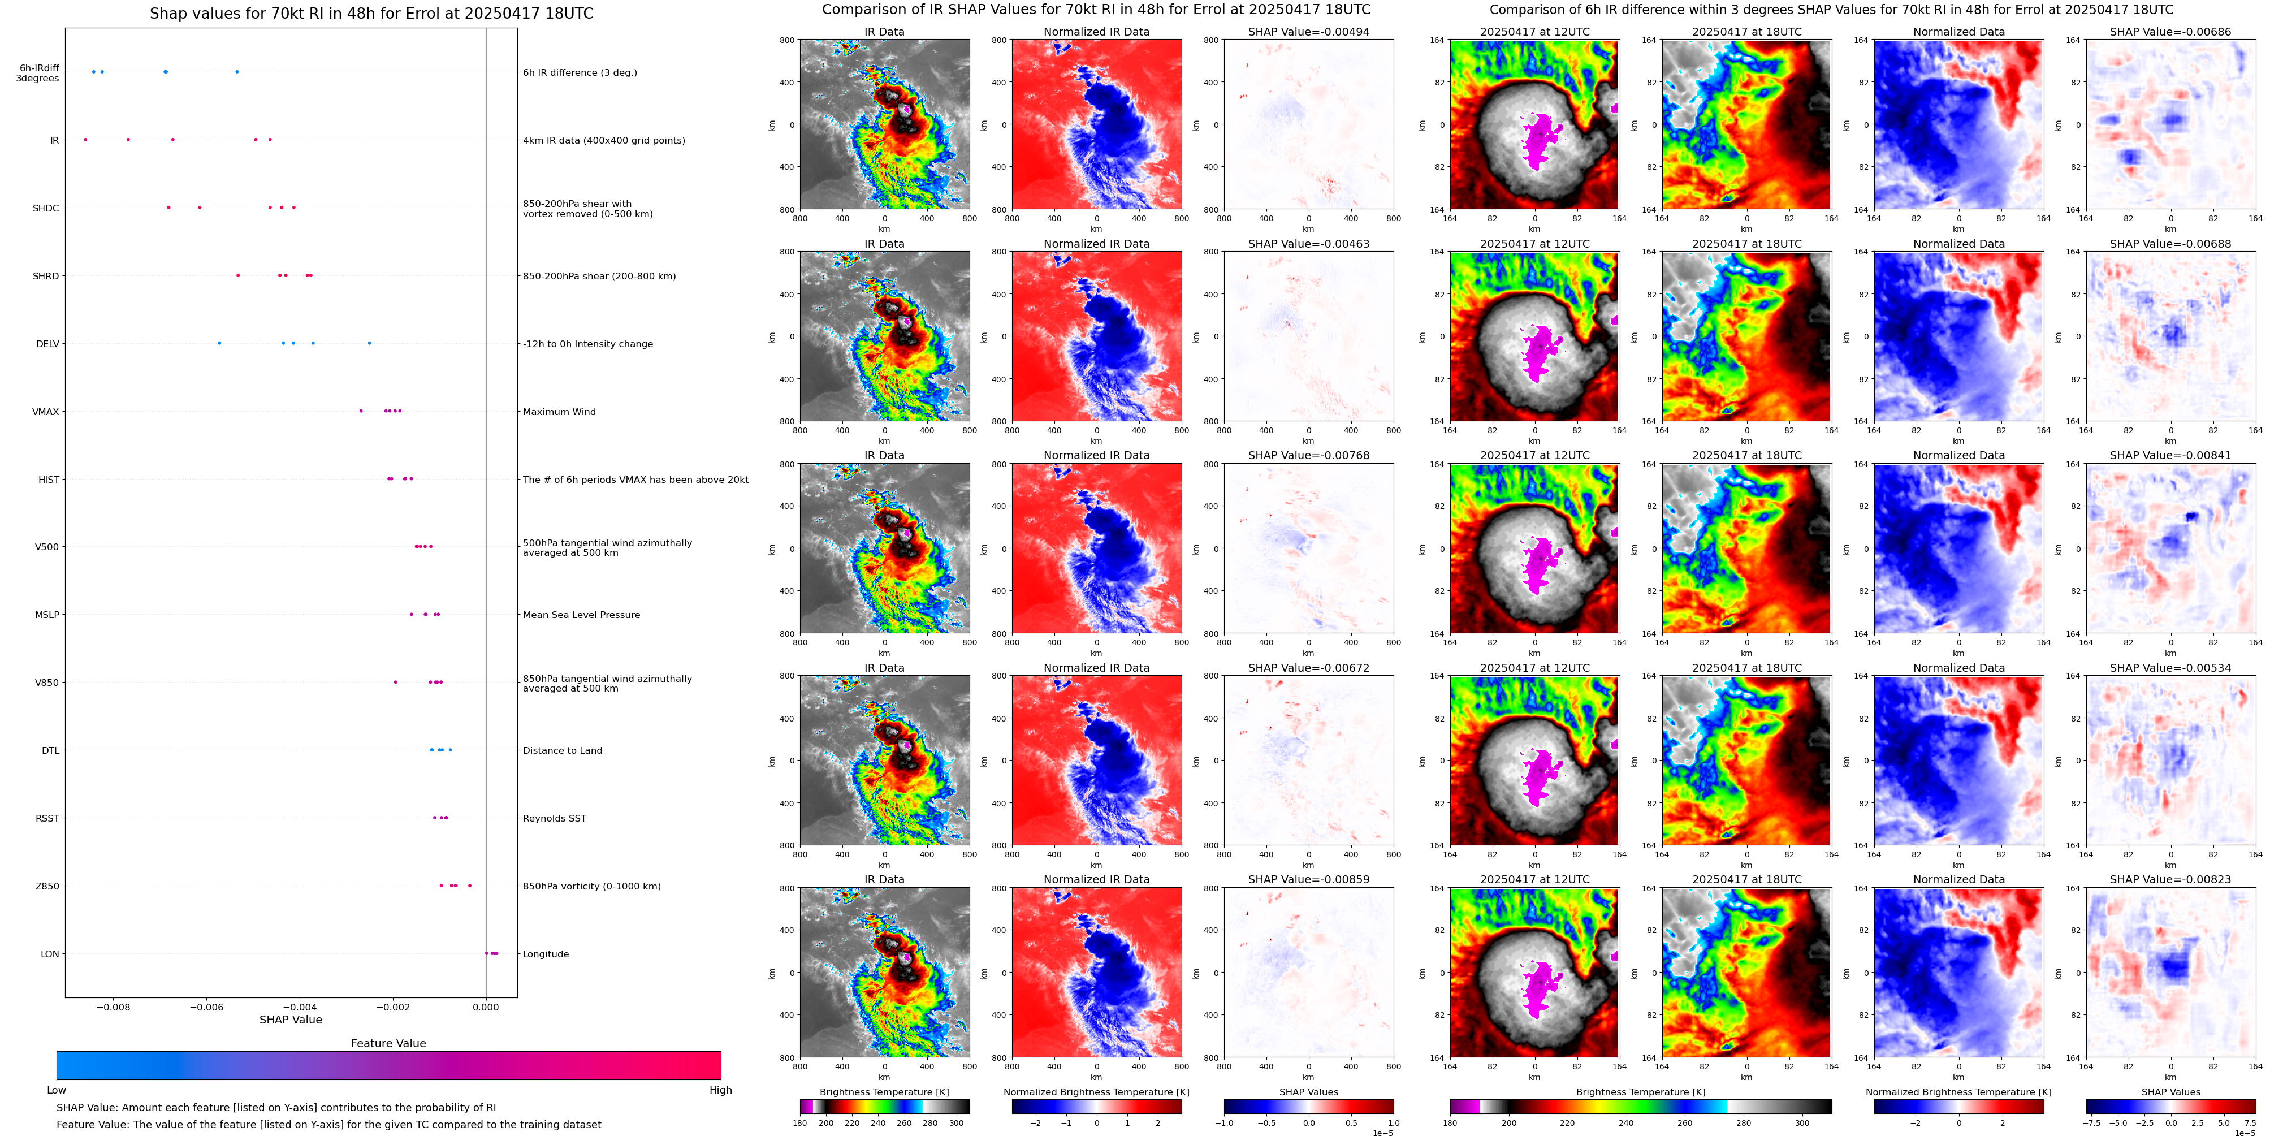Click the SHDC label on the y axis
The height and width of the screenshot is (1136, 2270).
(46, 209)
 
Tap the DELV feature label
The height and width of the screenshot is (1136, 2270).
(47, 344)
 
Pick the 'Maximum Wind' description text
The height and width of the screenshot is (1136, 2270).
(559, 412)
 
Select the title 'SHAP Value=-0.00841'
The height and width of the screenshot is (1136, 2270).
(2170, 456)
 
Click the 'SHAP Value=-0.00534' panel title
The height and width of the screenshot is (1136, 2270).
(2170, 668)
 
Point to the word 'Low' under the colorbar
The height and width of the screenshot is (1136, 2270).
(57, 1090)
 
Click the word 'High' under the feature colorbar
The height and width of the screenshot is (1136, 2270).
(720, 1090)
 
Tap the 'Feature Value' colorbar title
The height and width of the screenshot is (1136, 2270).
(388, 1043)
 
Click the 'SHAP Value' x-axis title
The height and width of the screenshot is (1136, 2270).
(291, 1020)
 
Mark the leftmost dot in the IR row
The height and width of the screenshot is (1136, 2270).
(85, 139)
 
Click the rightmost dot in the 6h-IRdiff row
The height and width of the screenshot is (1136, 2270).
(237, 71)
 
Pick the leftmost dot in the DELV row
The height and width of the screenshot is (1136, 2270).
(219, 343)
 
